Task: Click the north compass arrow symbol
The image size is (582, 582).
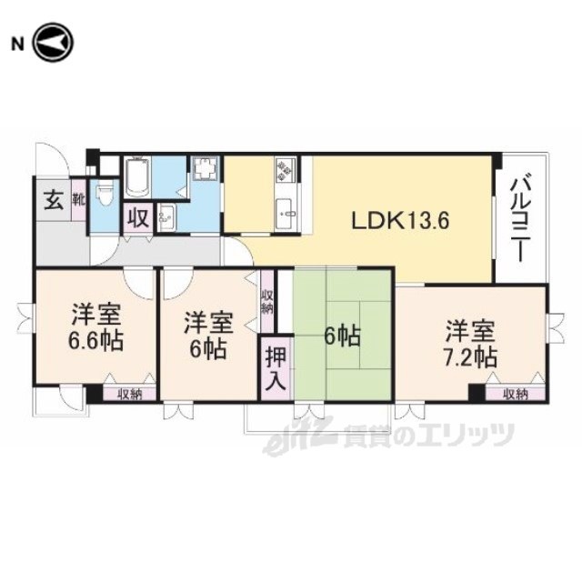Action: (x=54, y=43)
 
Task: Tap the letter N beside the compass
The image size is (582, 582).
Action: (x=16, y=45)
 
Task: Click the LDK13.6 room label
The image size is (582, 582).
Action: (x=400, y=221)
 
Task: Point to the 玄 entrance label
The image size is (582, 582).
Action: (x=54, y=201)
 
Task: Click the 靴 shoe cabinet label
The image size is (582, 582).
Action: (x=79, y=200)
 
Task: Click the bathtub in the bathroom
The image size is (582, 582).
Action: (x=136, y=176)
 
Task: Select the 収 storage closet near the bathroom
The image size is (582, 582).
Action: (x=138, y=218)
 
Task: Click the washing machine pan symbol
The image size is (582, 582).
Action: (x=206, y=167)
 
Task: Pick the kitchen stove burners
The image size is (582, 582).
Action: (x=286, y=170)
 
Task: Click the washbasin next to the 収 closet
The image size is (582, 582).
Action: (x=166, y=218)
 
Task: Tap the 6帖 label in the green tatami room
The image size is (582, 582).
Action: (x=342, y=337)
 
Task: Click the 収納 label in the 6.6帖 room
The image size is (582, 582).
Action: (x=130, y=395)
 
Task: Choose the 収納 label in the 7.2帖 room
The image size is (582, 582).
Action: (x=516, y=395)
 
